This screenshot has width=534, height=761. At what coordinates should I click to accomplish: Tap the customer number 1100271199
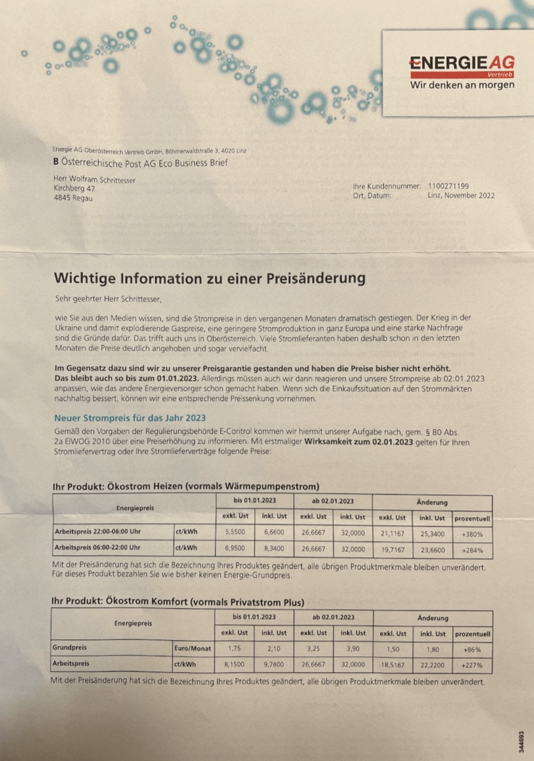point(448,186)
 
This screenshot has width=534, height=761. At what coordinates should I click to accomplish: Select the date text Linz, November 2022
point(461,195)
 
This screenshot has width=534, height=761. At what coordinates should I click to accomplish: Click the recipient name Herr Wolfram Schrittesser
point(94,179)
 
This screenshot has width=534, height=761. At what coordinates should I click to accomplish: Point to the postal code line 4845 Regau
point(73,198)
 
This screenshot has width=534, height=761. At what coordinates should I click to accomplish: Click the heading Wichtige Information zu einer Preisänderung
point(210,278)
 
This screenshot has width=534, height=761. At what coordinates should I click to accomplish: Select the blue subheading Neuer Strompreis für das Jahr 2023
point(130,418)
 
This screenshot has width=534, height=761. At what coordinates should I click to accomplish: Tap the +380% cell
point(472,534)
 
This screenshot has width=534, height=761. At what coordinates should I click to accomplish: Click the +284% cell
point(472,550)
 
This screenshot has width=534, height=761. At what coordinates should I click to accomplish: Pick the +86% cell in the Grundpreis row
point(472,650)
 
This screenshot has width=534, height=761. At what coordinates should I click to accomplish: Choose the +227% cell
point(472,665)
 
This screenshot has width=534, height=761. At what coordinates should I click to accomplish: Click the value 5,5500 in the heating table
point(235,532)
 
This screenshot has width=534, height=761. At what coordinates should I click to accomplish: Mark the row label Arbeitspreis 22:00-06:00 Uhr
point(98,532)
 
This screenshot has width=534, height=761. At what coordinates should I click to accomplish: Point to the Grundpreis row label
point(70,647)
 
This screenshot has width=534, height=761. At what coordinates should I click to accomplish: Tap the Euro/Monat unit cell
point(192,648)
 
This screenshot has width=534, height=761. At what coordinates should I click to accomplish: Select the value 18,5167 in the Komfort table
point(393,665)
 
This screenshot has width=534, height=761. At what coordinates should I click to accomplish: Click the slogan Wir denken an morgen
point(462,85)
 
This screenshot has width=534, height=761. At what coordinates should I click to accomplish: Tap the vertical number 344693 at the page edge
point(521,742)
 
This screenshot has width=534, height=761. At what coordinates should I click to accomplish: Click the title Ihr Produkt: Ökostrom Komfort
point(178,602)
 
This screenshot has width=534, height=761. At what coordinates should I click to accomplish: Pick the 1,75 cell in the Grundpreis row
point(234,648)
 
